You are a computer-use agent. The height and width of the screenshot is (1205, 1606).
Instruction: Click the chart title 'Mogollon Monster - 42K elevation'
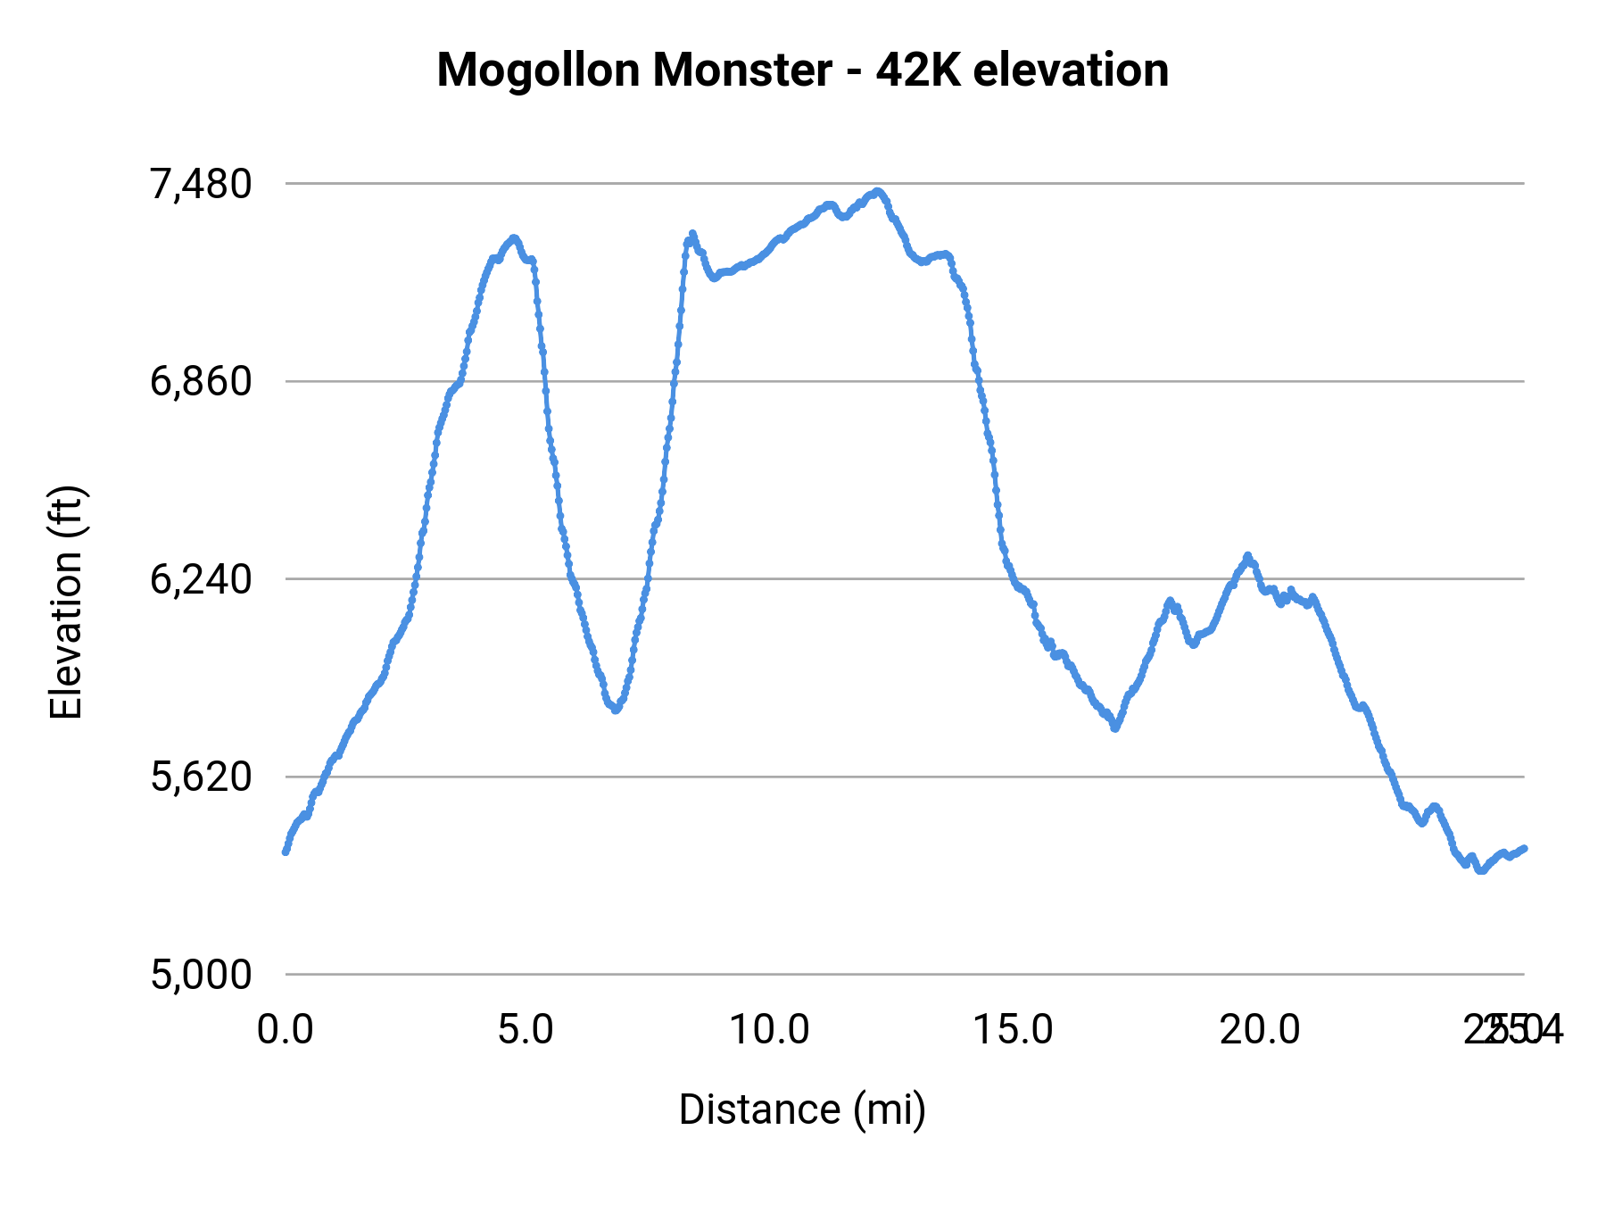click(802, 70)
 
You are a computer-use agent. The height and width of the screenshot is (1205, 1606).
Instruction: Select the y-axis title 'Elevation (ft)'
click(66, 602)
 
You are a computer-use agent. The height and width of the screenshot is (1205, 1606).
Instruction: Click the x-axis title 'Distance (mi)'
click(802, 1109)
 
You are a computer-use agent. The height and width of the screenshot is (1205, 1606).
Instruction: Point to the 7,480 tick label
click(201, 184)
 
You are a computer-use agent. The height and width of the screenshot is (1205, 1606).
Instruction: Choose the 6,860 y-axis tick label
click(201, 382)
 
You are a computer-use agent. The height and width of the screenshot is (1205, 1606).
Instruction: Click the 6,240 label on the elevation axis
click(201, 579)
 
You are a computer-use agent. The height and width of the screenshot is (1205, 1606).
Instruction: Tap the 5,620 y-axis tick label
click(201, 777)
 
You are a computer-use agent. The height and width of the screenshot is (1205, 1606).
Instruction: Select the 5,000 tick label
click(201, 975)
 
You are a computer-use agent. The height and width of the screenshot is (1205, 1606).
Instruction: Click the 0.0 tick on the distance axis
click(286, 1030)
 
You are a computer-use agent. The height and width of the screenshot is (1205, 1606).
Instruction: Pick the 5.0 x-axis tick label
click(526, 1030)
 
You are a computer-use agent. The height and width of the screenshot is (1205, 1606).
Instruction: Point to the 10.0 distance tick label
click(769, 1030)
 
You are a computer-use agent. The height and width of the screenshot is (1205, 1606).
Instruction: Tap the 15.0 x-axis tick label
click(1013, 1030)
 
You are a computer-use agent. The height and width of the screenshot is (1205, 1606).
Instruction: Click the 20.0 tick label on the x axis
click(1260, 1030)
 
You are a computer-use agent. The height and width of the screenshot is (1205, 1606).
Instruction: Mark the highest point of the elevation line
click(878, 191)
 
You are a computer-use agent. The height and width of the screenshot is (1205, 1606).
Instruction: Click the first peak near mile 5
click(513, 238)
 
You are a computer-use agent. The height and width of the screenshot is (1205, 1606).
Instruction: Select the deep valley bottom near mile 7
click(615, 710)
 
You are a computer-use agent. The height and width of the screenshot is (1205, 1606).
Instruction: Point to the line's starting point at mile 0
click(286, 852)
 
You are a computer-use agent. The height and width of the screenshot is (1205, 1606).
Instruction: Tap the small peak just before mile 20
click(1247, 556)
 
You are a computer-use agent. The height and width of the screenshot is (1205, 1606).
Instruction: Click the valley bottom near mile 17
click(1114, 728)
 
